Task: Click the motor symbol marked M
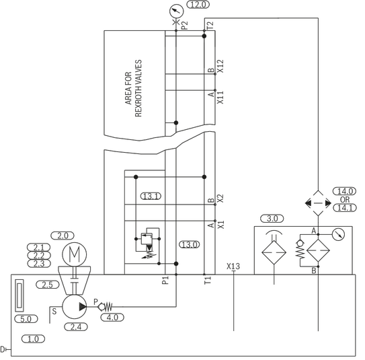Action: [75, 254]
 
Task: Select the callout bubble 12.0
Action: [198, 5]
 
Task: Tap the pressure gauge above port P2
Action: [176, 11]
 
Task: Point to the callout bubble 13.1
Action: [151, 196]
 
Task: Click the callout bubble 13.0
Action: [190, 245]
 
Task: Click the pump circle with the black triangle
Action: [75, 307]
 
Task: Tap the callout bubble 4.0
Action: [112, 318]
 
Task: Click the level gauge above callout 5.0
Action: [19, 295]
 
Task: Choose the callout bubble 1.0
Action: [33, 338]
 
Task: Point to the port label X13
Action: [233, 266]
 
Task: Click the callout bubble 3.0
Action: [272, 219]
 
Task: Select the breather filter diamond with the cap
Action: [274, 250]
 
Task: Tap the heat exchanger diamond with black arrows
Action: [318, 203]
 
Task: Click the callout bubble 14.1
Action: [345, 208]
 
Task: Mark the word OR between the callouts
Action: [345, 200]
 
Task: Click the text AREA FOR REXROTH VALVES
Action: [133, 88]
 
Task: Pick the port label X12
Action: [220, 66]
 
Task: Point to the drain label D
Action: [3, 349]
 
